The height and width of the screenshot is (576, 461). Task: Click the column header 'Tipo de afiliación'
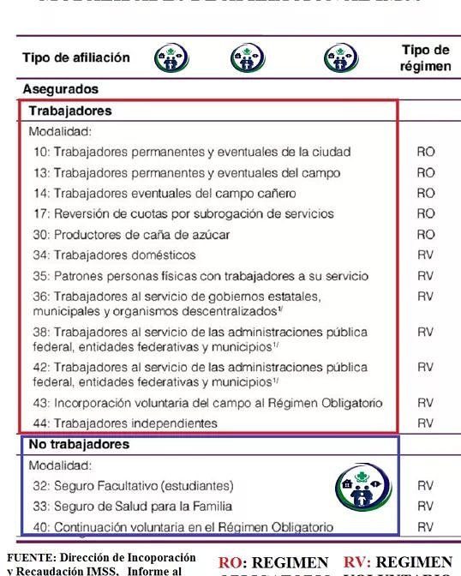pos(76,57)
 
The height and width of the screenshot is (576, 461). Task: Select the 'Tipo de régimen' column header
pos(425,57)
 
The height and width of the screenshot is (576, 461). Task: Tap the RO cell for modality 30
pos(426,234)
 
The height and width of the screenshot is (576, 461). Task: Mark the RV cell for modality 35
pos(426,276)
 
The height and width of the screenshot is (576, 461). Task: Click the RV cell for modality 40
pos(426,527)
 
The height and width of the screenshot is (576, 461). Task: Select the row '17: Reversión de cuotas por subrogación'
pos(181,213)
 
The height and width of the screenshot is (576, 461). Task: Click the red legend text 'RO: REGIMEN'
pos(273,562)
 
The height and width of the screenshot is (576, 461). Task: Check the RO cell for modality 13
pos(426,172)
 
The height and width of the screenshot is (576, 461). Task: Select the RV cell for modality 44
pos(426,423)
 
